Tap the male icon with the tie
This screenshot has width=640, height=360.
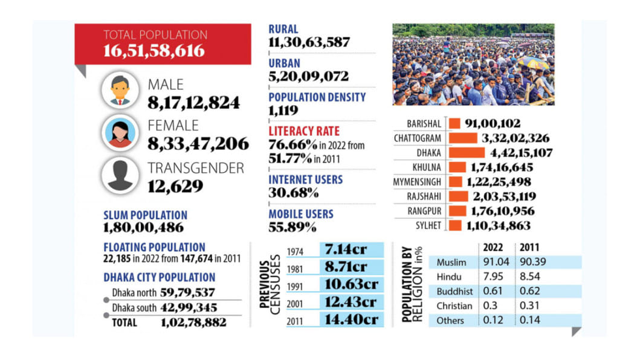[120, 92]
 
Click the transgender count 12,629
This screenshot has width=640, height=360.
[175, 186]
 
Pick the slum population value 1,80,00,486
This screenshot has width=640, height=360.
[143, 228]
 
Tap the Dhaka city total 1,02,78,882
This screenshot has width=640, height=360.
[193, 323]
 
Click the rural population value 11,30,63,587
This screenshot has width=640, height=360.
[309, 42]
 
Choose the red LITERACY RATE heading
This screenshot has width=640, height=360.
[304, 131]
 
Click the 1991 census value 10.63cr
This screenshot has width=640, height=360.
[351, 284]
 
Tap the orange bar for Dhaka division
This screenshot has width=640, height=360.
[466, 153]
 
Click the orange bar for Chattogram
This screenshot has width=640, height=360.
[462, 138]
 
